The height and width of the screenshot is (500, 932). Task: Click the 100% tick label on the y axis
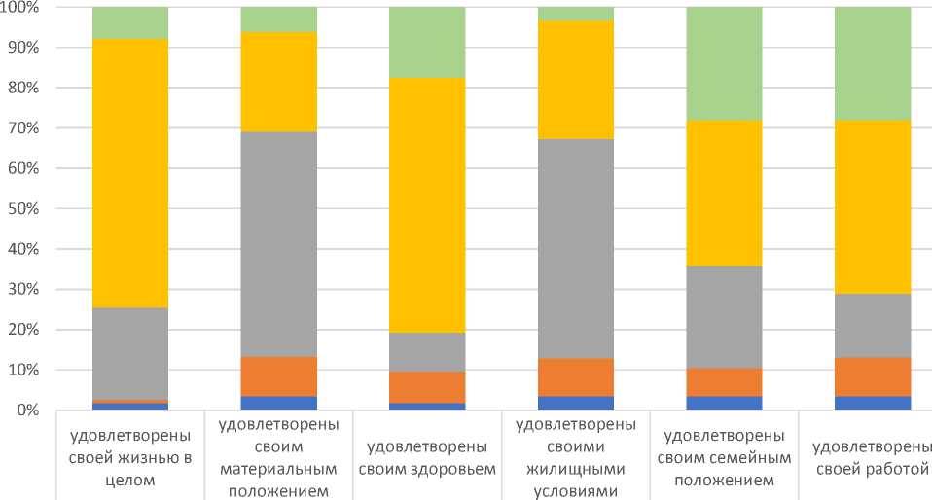[18, 8]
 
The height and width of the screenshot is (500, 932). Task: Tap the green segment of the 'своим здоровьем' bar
[427, 42]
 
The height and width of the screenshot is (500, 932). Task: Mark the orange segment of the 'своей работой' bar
[873, 376]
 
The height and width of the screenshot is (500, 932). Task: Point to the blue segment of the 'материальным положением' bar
[279, 403]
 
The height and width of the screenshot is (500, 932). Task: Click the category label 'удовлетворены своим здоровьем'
[427, 457]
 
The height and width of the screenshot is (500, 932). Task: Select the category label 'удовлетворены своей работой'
[871, 457]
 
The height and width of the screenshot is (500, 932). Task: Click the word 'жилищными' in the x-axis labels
[576, 468]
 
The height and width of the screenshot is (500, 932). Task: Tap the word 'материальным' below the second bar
[279, 468]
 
